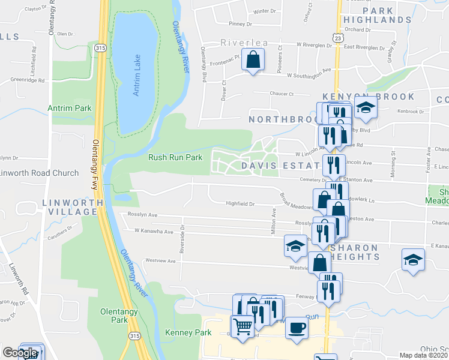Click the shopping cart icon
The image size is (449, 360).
coord(243,327)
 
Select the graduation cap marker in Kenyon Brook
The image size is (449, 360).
coord(364,109)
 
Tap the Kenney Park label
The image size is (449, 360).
coord(181,332)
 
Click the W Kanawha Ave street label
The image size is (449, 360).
coord(154,230)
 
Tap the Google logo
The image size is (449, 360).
coord(19,353)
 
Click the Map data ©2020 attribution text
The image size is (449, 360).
coord(424,355)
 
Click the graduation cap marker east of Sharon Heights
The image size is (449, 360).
coord(413,260)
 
